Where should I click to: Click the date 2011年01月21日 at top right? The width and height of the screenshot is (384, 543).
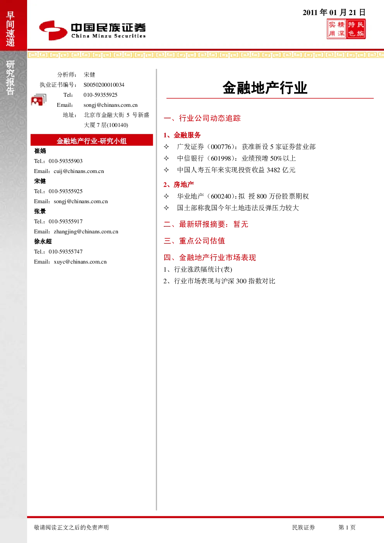(x=334, y=12)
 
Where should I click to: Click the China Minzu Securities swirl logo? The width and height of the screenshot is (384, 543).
(x=53, y=30)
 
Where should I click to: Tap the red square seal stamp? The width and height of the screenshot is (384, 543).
(x=346, y=29)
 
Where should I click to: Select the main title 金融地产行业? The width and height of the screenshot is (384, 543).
(x=265, y=87)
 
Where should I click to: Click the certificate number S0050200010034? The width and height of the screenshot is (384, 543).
(x=104, y=85)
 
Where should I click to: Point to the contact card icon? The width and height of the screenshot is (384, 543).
(x=39, y=99)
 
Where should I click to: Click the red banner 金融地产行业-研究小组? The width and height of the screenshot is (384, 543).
(x=92, y=140)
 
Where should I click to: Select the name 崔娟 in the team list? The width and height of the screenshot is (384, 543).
(x=40, y=151)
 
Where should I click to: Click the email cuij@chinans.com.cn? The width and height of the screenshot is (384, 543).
(x=79, y=171)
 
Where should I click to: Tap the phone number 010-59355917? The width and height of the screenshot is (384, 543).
(x=65, y=221)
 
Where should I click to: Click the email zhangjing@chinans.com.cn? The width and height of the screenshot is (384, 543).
(x=86, y=231)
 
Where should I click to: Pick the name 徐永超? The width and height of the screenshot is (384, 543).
(x=43, y=242)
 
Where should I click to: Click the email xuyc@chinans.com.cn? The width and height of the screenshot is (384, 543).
(x=80, y=262)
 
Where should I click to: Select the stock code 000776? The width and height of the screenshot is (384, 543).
(x=221, y=147)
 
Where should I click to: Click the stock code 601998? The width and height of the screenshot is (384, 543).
(x=221, y=158)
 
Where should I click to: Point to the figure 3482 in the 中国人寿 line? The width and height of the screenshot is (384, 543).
(x=273, y=170)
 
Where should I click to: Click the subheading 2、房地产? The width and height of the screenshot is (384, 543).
(x=179, y=185)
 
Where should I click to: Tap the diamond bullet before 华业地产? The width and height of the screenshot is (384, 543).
(x=166, y=196)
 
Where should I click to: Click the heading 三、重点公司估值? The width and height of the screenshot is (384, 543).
(x=194, y=241)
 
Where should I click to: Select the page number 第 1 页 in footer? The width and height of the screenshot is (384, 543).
(x=347, y=527)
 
